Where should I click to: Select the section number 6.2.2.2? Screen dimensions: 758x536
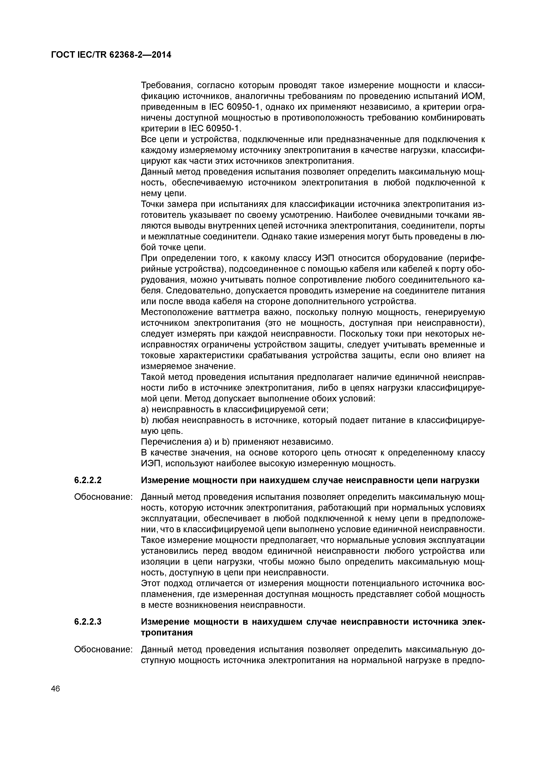[88, 480]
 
